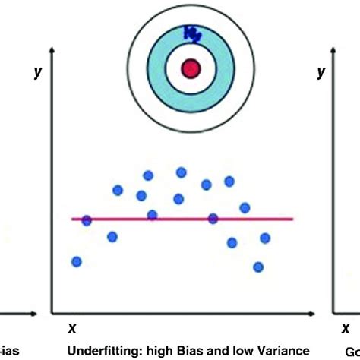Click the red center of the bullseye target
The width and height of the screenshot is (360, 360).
(x=189, y=69)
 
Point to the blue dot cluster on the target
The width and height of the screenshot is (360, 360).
(x=191, y=33)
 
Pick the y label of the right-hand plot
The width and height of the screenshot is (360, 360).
(x=321, y=71)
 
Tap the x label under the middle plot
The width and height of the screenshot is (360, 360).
(x=72, y=328)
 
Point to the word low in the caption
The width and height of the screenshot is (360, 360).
(x=226, y=351)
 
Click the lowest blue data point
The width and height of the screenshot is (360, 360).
(x=258, y=267)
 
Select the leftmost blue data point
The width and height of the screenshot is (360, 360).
(x=77, y=261)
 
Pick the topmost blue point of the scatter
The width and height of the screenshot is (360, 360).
(x=182, y=172)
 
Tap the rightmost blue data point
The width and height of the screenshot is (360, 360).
(x=265, y=238)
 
